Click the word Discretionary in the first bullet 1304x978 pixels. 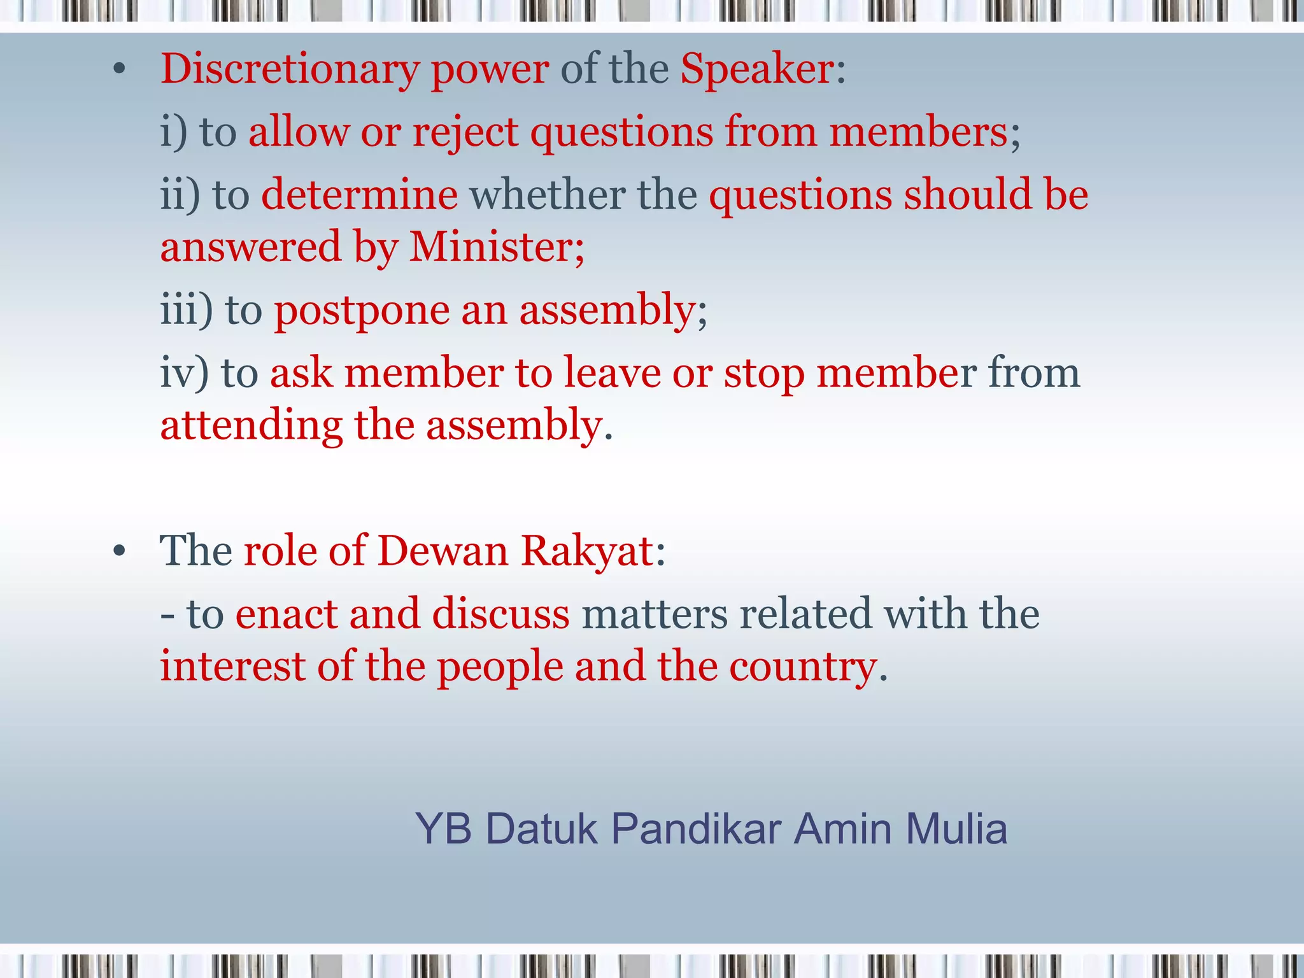click(x=290, y=69)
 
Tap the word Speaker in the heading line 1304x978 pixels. click(x=757, y=69)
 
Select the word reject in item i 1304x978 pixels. click(x=465, y=132)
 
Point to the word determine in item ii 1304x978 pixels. click(x=359, y=194)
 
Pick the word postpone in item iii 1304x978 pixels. click(x=361, y=311)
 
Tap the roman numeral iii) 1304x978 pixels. click(x=186, y=310)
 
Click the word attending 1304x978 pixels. click(x=251, y=425)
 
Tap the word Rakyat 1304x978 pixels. click(x=587, y=551)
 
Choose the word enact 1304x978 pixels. click(x=286, y=614)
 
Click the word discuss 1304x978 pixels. click(x=500, y=614)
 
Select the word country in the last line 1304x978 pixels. click(x=804, y=667)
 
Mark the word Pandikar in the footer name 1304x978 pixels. click(x=696, y=829)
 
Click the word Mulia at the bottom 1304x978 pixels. click(x=956, y=829)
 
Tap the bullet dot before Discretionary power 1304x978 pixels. click(x=120, y=70)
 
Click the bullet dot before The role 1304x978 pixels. click(x=120, y=551)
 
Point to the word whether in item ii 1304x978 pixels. click(x=547, y=194)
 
